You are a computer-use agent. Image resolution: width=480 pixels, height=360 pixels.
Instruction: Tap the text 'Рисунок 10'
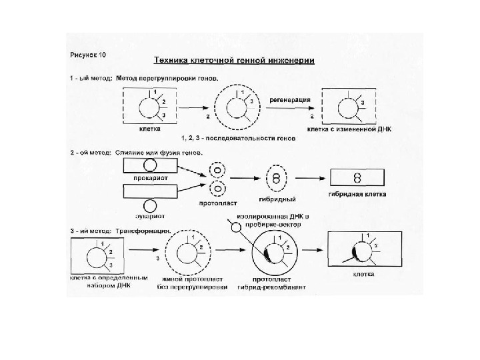pyautogui.click(x=92, y=53)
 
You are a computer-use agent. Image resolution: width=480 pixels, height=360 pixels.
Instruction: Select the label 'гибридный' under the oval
pyautogui.click(x=277, y=199)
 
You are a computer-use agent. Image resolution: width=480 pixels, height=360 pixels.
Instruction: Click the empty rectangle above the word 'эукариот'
pyautogui.click(x=151, y=191)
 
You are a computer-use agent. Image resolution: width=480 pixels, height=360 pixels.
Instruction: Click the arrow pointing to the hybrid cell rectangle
pyautogui.click(x=313, y=178)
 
